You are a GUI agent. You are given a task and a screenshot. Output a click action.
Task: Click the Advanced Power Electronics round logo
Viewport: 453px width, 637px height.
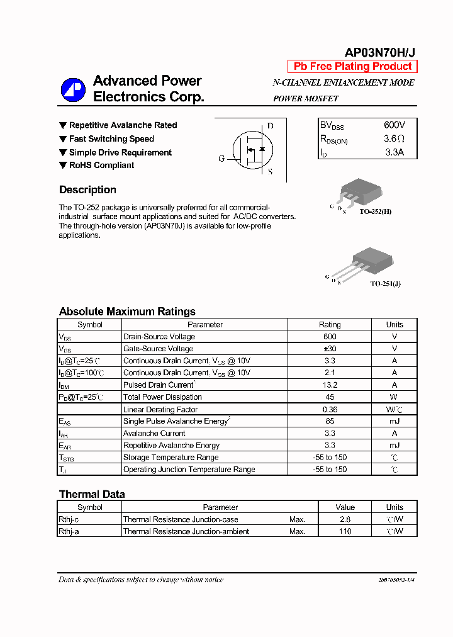(x=73, y=90)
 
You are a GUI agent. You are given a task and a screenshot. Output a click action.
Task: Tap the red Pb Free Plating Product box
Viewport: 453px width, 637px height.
(x=352, y=67)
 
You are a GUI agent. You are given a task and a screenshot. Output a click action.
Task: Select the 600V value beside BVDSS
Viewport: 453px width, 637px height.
(x=394, y=125)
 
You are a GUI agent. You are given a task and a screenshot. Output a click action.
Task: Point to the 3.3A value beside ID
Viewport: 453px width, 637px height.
(x=394, y=152)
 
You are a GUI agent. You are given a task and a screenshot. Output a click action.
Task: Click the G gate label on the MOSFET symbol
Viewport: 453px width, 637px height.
(x=221, y=159)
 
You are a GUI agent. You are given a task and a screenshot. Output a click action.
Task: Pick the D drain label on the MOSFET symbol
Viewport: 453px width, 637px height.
(x=271, y=126)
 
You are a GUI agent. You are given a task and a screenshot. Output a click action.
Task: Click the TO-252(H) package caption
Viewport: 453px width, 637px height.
(x=375, y=211)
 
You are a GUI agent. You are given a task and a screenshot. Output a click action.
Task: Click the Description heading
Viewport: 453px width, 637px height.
(x=87, y=190)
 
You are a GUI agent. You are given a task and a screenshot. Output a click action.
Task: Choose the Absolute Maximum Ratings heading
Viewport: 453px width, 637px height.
(x=127, y=312)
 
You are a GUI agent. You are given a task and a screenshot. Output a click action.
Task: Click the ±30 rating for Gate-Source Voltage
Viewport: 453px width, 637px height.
(x=330, y=349)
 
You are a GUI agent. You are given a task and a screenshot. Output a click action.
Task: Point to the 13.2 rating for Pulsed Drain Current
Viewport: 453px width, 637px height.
(x=330, y=385)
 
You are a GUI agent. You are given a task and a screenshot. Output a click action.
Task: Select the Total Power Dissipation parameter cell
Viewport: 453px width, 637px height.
(x=162, y=397)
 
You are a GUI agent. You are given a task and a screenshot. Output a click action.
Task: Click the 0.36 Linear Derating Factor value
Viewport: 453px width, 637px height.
(x=330, y=409)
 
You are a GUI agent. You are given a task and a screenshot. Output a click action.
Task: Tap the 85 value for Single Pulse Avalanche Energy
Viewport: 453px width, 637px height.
(x=330, y=421)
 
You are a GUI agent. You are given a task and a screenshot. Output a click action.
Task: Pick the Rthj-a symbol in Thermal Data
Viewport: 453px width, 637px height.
(x=69, y=531)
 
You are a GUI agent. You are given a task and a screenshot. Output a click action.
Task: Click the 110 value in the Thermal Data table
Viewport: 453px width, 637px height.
(x=345, y=531)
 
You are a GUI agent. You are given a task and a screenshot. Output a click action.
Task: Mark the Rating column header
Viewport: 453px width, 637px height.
(x=330, y=325)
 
